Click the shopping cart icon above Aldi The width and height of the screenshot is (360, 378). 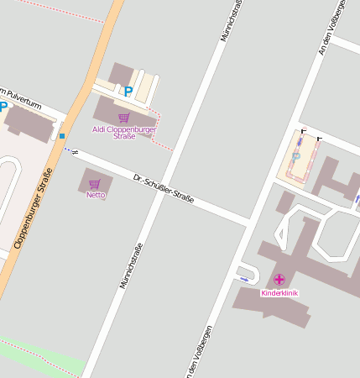(123, 118)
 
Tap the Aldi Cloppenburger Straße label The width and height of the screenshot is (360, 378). (124, 132)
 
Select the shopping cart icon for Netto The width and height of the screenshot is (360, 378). (95, 184)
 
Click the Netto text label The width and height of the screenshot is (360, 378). (96, 195)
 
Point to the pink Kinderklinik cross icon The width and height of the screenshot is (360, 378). (279, 279)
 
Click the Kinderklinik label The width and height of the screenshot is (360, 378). (279, 293)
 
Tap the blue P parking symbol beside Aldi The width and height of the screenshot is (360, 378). (128, 92)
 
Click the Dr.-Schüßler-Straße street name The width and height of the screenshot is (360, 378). (164, 188)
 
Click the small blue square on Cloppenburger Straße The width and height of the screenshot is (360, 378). (62, 136)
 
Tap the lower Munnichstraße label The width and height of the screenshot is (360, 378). (130, 265)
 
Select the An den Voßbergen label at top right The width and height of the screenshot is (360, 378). (331, 29)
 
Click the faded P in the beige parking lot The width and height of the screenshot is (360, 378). (295, 157)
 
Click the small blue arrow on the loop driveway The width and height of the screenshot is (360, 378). (244, 279)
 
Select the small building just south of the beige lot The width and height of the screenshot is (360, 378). (285, 202)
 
